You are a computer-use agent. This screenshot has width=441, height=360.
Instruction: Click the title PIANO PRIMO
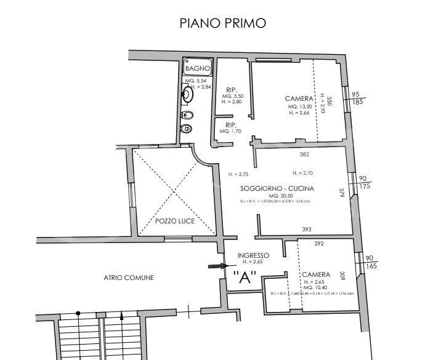[222, 23]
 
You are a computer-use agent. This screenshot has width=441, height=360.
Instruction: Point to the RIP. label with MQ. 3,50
[232, 89]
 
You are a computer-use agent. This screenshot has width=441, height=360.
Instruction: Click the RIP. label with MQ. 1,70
[232, 125]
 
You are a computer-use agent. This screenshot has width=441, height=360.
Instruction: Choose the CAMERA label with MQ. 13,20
[299, 98]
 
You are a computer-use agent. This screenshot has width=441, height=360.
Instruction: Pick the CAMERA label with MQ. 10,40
[316, 274]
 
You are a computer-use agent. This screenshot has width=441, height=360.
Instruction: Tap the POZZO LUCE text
[175, 220]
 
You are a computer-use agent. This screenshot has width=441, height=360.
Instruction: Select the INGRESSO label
[253, 255]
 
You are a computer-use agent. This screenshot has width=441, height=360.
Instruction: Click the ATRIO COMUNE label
[129, 278]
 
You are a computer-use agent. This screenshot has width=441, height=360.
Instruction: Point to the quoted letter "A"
[245, 278]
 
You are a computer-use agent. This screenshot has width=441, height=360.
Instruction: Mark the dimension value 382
[304, 154]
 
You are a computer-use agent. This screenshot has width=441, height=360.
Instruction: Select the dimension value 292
[319, 244]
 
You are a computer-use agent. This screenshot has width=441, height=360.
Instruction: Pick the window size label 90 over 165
[370, 262]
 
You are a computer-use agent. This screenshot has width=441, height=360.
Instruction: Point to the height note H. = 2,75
[238, 174]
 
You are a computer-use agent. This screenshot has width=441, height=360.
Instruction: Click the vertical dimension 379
[342, 193]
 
